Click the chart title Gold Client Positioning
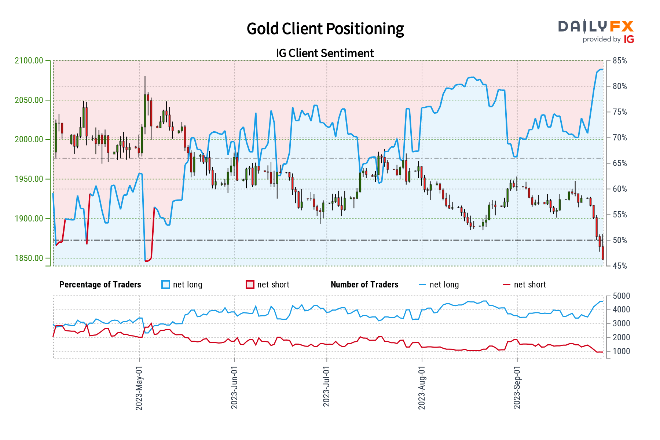click(x=325, y=29)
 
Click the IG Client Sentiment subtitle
click(x=325, y=53)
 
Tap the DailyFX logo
click(x=596, y=27)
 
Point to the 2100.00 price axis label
click(x=29, y=61)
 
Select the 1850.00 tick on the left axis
click(x=29, y=258)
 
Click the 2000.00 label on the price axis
click(x=29, y=140)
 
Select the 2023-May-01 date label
click(x=139, y=388)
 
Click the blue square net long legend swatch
click(x=166, y=285)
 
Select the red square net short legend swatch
click(x=250, y=285)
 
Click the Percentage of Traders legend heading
click(x=100, y=285)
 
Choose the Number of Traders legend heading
click(x=364, y=285)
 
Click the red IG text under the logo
click(x=629, y=40)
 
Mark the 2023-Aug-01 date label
click(x=422, y=388)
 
